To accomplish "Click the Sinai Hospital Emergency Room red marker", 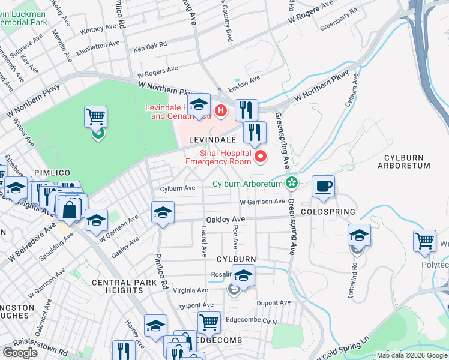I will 261,157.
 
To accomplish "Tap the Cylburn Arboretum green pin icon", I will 292,182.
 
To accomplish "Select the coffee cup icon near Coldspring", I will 324,187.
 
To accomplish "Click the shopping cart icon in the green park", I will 96,116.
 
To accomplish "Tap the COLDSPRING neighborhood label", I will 328,212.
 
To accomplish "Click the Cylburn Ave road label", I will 178,188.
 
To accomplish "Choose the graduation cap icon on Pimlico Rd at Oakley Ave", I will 163,212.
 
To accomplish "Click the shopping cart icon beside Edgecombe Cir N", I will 209,323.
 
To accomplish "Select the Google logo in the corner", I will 20,353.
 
